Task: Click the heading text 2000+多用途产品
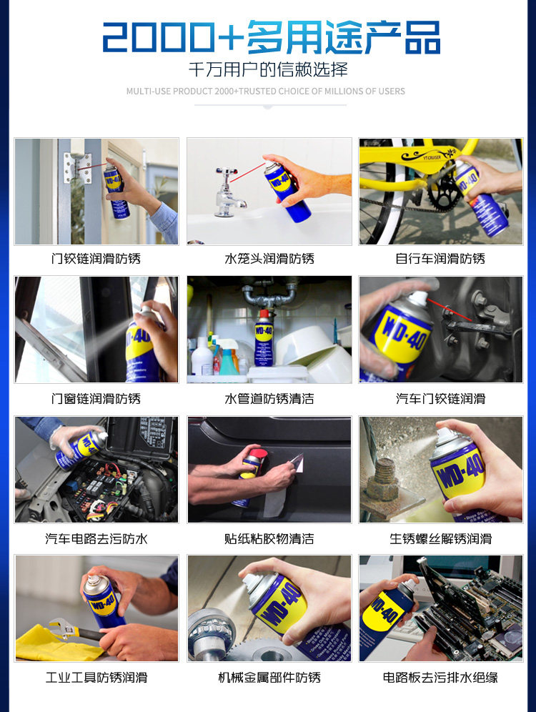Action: [x=271, y=37]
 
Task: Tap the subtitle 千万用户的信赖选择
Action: [x=268, y=69]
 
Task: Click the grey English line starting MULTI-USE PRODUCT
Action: [x=266, y=92]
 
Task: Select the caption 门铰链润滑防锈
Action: [x=96, y=259]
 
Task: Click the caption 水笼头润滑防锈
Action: [x=269, y=259]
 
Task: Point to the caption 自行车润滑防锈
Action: [x=440, y=259]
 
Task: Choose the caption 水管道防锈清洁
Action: [x=269, y=399]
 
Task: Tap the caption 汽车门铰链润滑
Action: [x=440, y=399]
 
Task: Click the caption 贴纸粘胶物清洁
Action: [x=269, y=539]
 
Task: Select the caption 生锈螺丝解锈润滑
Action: [x=440, y=539]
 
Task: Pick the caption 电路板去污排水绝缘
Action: [x=440, y=678]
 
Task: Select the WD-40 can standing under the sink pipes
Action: [x=263, y=338]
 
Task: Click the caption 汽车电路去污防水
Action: [x=96, y=539]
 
